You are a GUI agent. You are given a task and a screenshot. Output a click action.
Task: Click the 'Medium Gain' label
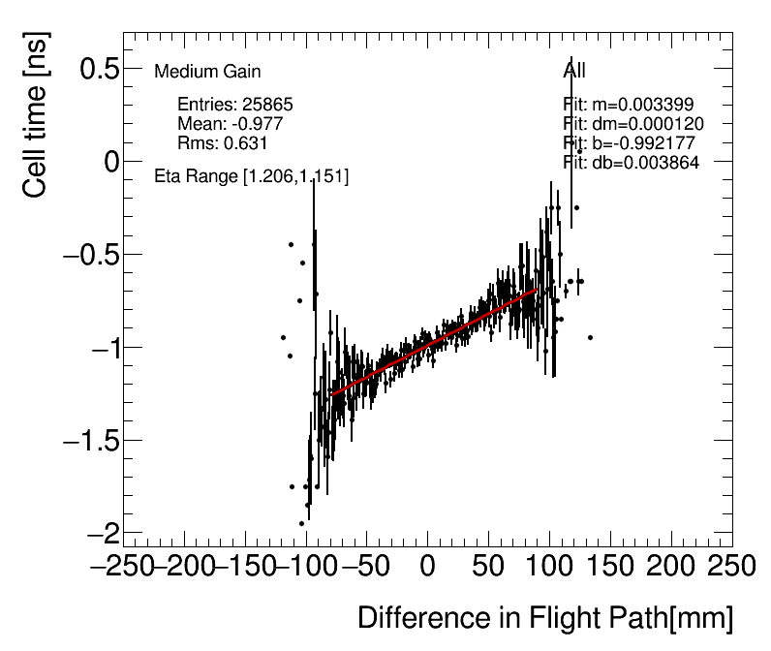coord(207,72)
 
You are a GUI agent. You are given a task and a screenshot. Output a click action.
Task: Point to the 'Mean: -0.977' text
coord(230,124)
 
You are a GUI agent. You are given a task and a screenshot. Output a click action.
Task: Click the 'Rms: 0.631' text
coord(222,143)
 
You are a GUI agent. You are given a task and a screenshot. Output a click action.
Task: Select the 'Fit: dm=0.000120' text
coord(633,124)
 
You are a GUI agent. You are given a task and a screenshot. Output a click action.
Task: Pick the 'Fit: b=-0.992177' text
coord(631,143)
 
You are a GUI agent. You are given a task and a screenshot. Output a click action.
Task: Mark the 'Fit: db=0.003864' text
coord(631,162)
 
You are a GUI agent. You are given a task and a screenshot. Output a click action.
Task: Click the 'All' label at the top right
coord(574,71)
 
